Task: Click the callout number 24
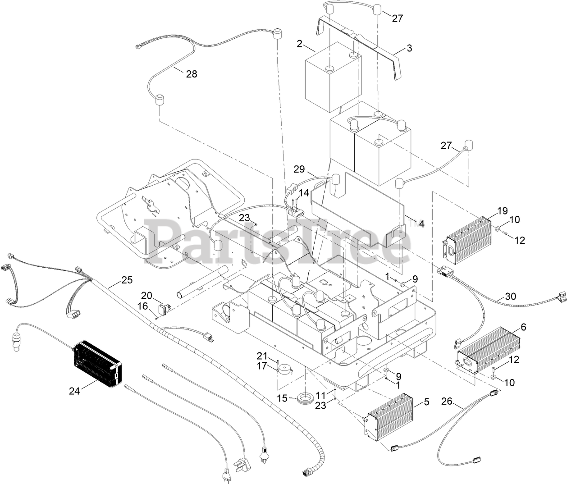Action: click(74, 391)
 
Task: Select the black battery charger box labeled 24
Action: click(97, 364)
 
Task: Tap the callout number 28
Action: click(192, 74)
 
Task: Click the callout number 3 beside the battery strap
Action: click(409, 48)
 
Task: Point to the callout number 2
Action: click(299, 44)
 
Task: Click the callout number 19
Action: click(503, 210)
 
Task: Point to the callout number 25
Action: click(127, 280)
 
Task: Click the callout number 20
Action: click(146, 296)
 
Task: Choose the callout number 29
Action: click(299, 169)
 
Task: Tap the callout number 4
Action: click(421, 223)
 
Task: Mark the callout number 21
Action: click(262, 354)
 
